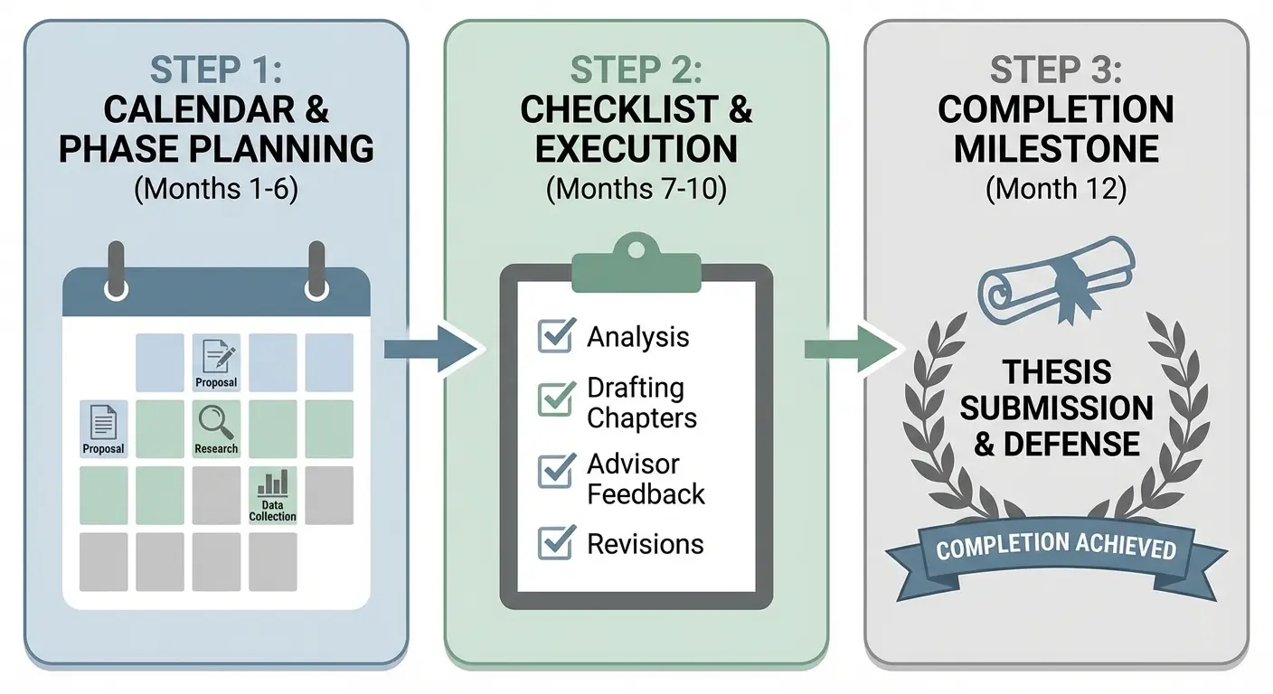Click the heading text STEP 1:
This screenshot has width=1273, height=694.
click(216, 70)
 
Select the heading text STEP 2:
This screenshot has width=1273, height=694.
click(636, 70)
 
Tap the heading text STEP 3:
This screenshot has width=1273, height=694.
click(1055, 70)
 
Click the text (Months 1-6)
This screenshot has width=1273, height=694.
click(216, 190)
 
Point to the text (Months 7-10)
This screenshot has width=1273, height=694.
click(636, 190)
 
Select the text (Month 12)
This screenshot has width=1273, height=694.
click(1055, 190)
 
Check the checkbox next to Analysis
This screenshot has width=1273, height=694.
click(556, 335)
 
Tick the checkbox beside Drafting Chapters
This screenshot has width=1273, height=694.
click(556, 399)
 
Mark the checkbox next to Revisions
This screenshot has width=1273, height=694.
click(556, 542)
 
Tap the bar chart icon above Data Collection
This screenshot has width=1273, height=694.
click(272, 483)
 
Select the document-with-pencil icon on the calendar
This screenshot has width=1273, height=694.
click(216, 355)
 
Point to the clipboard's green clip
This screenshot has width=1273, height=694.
click(636, 263)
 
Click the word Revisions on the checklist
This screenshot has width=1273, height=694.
click(645, 544)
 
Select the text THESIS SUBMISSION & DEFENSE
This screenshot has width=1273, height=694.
click(1056, 408)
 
